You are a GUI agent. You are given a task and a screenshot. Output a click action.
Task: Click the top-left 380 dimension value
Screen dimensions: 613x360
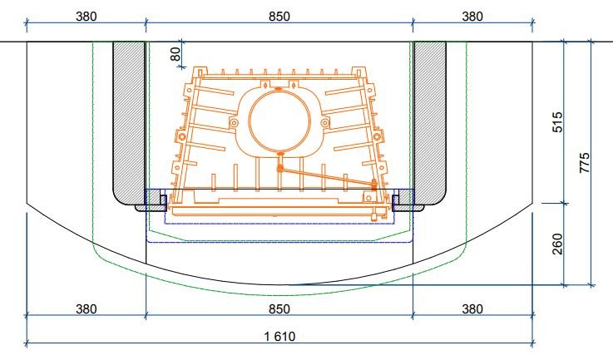pyautogui.click(x=86, y=17)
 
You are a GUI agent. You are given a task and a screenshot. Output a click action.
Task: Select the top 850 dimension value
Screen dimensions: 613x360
pyautogui.click(x=279, y=17)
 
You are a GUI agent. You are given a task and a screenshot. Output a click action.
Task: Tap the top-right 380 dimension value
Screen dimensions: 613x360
pyautogui.click(x=472, y=17)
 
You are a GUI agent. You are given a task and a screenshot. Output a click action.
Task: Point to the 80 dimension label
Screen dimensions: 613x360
pyautogui.click(x=176, y=54)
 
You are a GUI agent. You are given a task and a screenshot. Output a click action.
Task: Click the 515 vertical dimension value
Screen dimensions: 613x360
pyautogui.click(x=557, y=122)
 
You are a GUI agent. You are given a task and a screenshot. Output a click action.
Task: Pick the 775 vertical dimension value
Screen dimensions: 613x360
pyautogui.click(x=585, y=163)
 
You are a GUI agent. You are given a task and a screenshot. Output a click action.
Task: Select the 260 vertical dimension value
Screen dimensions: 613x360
pyautogui.click(x=557, y=244)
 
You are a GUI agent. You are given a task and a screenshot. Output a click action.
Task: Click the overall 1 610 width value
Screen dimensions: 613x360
pyautogui.click(x=279, y=337)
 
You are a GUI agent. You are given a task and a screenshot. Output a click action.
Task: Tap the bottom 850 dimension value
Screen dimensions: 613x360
pyautogui.click(x=279, y=309)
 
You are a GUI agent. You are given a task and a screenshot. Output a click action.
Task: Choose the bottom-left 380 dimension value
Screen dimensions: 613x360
pyautogui.click(x=86, y=309)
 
